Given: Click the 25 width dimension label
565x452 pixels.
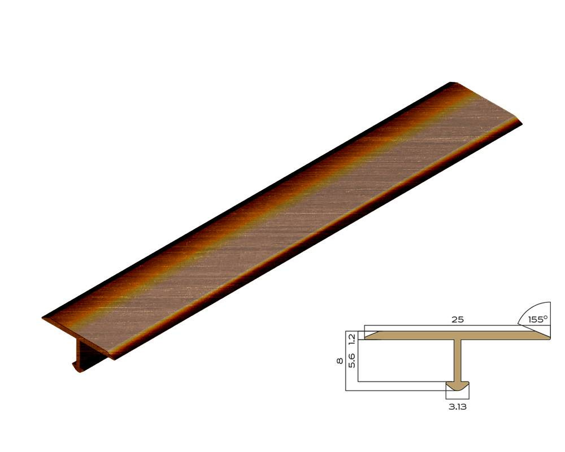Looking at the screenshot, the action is [x=457, y=319].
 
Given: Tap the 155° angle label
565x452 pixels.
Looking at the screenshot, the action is [x=538, y=319].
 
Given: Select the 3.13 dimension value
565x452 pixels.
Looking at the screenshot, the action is [x=457, y=407].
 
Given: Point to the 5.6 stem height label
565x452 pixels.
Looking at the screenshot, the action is [x=352, y=360].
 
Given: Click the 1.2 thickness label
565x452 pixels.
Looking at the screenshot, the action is [x=352, y=338].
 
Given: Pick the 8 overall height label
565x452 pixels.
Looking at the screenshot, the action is [x=340, y=361].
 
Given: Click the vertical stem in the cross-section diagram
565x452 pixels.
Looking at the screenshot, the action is [x=458, y=360].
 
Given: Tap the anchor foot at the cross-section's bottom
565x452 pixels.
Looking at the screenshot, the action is [x=458, y=386].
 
